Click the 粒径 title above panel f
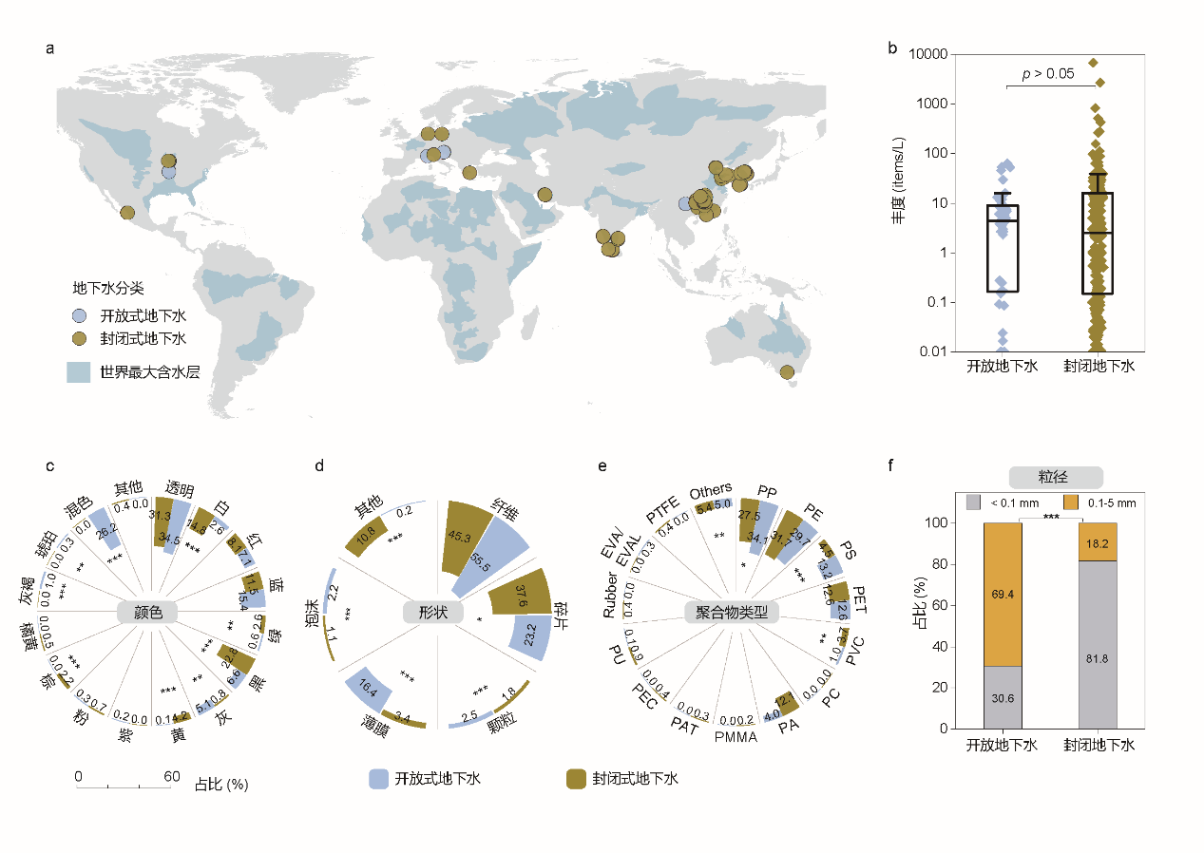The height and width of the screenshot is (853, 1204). click(x=1055, y=477)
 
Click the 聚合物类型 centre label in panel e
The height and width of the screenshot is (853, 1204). click(x=732, y=613)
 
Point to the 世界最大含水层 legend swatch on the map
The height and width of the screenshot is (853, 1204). click(x=78, y=371)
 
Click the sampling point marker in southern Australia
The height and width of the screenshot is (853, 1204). click(x=786, y=372)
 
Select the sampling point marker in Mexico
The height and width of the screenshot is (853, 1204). click(x=127, y=213)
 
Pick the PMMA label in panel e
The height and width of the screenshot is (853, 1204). click(x=736, y=736)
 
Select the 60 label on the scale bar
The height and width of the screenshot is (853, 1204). click(x=171, y=776)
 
